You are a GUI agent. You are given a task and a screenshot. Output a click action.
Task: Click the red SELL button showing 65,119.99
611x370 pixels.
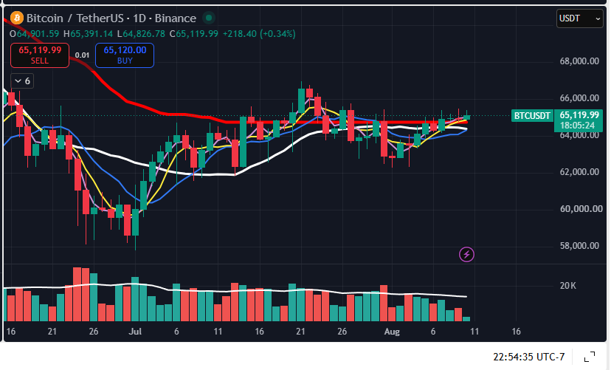tap(40, 55)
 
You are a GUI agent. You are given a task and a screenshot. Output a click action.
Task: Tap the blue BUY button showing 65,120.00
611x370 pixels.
tap(125, 55)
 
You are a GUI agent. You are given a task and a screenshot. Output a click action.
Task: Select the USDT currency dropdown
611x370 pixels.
tap(580, 18)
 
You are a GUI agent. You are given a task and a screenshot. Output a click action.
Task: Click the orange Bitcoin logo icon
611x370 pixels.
tap(17, 18)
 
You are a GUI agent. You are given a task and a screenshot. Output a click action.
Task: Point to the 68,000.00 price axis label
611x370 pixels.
tap(579, 61)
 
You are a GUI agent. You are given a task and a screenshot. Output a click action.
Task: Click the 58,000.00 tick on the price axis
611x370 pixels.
tap(579, 246)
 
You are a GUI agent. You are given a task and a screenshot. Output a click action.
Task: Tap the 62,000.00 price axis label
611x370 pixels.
tap(579, 172)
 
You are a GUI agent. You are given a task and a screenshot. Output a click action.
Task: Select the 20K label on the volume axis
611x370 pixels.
tap(567, 286)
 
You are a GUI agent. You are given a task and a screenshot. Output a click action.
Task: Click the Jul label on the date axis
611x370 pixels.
tap(135, 332)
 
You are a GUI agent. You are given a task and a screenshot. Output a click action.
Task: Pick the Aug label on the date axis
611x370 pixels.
tap(392, 332)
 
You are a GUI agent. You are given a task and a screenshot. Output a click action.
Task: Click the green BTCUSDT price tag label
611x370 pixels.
tap(532, 115)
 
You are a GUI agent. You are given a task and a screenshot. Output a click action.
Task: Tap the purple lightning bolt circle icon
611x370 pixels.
tap(466, 255)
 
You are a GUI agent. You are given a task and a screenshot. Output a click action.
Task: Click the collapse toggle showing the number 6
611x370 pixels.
tap(22, 81)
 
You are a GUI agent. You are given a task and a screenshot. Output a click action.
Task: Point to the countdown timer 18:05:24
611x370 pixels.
tap(578, 125)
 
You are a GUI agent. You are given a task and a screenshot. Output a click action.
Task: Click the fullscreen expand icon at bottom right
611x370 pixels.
tap(590, 357)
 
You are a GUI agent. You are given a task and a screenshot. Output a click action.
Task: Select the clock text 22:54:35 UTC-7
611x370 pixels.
tap(529, 357)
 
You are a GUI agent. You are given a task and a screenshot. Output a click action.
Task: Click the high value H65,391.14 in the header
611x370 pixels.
tap(88, 34)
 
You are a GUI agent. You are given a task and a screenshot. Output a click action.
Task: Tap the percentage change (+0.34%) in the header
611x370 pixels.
tap(278, 34)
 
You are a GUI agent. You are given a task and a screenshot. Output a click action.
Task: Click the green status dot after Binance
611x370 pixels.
tap(209, 18)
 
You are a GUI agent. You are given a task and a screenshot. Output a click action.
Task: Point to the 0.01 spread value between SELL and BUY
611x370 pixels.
tap(82, 55)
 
